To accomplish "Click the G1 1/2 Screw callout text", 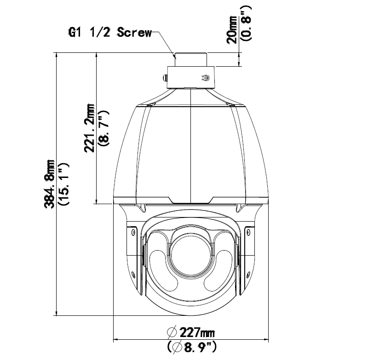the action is tap(110, 32).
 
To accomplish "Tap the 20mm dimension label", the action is tap(232, 29).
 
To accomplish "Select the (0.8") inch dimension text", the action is tap(247, 23).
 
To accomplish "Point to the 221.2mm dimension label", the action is tap(89, 128).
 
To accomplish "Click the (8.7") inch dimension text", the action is tap(104, 129).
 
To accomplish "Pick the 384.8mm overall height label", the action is tap(50, 184).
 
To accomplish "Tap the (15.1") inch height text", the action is tap(63, 184).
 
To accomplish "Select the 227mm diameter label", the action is tap(197, 332).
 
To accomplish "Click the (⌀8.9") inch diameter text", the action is tap(192, 347).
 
